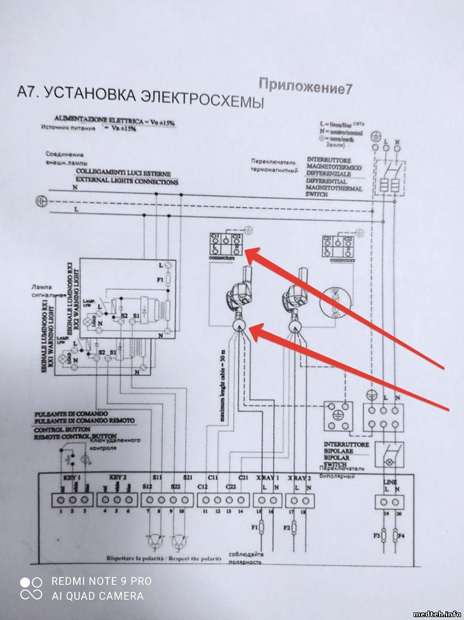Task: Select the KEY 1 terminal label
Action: pos(71,476)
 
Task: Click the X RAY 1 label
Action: pos(268,477)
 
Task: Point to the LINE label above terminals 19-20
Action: pos(389,483)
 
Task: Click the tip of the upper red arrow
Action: pos(246,251)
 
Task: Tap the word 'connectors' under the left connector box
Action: pos(222,257)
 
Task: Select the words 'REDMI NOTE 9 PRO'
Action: pos(101,581)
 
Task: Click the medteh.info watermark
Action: pos(437,614)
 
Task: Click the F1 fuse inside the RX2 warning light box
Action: pos(168,280)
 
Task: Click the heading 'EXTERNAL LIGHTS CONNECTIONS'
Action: pos(126,182)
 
